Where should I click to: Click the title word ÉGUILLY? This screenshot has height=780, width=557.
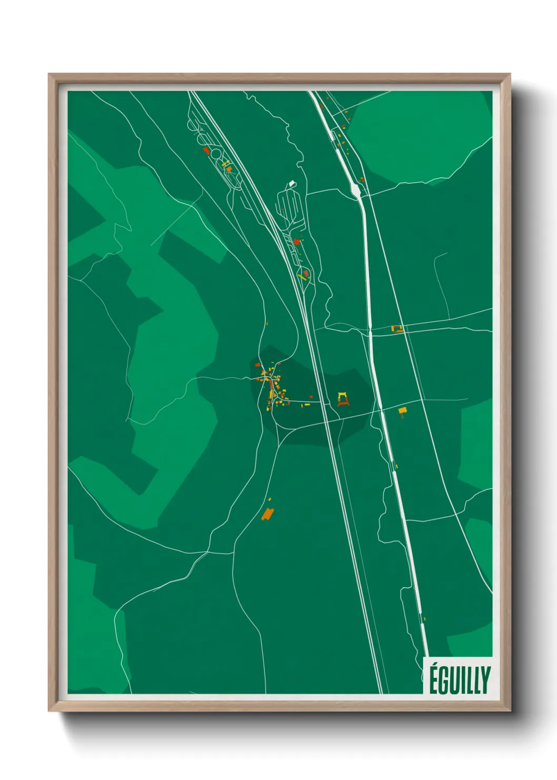460,680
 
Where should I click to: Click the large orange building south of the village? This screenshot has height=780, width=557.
268,513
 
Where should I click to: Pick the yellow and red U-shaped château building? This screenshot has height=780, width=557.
343,399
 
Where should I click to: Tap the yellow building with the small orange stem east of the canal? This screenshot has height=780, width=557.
403,411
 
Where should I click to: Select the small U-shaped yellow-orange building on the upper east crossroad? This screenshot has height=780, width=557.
397,329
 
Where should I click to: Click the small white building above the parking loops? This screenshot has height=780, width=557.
292,184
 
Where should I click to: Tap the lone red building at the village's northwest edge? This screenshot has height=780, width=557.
257,364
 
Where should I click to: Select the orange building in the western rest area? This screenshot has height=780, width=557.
228,169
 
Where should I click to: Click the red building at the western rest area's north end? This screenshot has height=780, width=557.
206,150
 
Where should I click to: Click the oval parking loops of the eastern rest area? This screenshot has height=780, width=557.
290,208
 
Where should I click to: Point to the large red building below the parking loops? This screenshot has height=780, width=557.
296,242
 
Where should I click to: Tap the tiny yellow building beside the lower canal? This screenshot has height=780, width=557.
424,619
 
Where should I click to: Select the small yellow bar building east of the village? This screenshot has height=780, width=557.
306,405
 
